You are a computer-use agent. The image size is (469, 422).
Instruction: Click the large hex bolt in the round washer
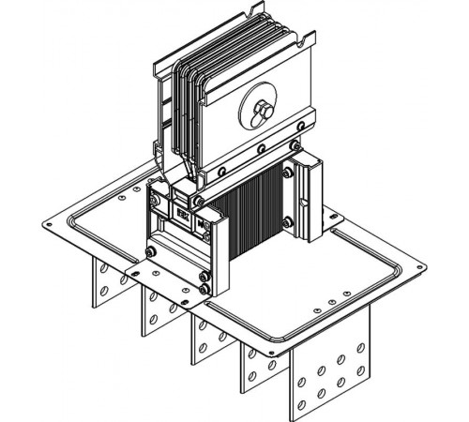(261, 113)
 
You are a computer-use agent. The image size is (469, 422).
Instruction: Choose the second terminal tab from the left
(154, 309)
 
